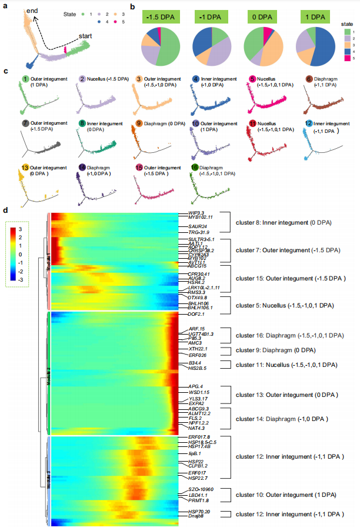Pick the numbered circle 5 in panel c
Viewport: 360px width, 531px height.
pos(252,79)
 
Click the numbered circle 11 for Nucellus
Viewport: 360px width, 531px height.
pos(252,123)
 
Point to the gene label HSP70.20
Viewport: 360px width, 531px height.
pos(199,513)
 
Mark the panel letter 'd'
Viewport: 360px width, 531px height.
pos(6,210)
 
